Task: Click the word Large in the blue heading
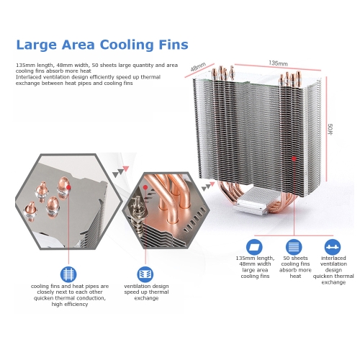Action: pos(37,45)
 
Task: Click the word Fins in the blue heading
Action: pos(174,45)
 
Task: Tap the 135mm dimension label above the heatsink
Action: pos(278,63)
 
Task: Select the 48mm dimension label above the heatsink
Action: pos(198,67)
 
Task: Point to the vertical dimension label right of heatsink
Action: pos(330,129)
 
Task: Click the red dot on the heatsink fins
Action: pos(294,158)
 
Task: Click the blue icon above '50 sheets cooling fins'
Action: pos(294,247)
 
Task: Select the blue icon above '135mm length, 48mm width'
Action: pos(254,247)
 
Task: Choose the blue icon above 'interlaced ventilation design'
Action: pos(333,247)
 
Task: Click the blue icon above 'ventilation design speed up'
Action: pos(145,274)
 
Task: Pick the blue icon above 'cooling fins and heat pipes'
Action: pos(68,274)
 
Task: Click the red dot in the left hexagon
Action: pos(68,187)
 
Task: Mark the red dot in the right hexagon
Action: pos(145,187)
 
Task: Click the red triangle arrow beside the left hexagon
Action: pos(126,168)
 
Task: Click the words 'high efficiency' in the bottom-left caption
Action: pos(70,305)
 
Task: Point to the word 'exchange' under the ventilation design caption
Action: pos(146,298)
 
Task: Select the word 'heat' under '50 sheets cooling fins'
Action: pos(295,276)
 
